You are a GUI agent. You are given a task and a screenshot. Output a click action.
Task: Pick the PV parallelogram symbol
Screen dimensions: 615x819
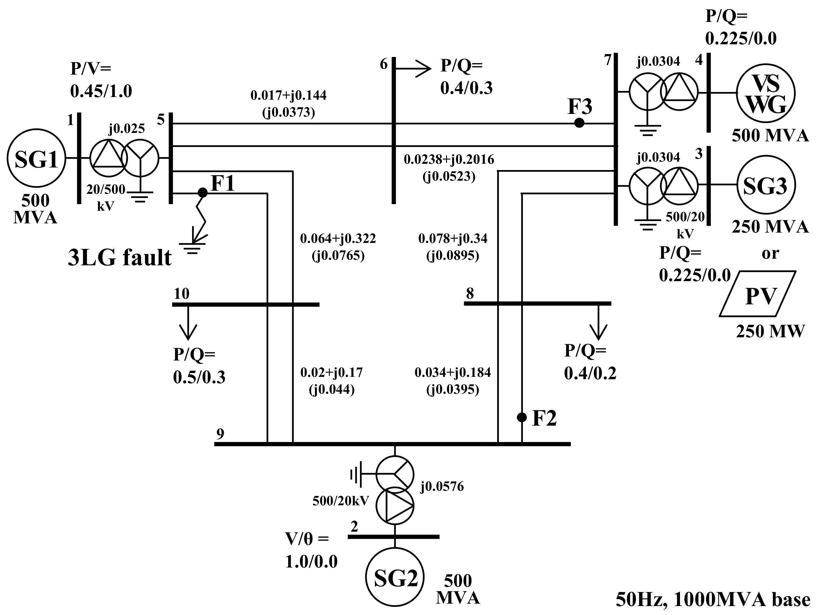coord(758,294)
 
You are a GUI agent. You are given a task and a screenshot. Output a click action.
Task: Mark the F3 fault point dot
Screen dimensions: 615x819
coord(579,123)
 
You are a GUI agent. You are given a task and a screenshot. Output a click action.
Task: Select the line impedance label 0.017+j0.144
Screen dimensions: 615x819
coord(288,95)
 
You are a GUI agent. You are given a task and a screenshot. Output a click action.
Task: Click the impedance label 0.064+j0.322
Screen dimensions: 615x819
coord(338,239)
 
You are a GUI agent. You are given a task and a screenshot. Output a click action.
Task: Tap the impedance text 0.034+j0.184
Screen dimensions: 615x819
coord(453,372)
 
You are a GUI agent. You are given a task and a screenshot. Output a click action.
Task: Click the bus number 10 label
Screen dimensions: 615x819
coord(182,294)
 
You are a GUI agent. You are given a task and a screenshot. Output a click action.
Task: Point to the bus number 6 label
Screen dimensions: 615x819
coord(384,64)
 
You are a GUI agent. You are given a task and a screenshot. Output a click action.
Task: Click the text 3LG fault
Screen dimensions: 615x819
coord(120,258)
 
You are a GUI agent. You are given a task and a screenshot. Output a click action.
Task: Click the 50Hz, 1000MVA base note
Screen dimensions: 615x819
coord(713,599)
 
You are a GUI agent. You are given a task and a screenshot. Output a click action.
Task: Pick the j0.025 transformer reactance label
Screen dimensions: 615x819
coord(127,128)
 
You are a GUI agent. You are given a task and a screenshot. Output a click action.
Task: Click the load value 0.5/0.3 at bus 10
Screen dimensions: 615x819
coord(199,377)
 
